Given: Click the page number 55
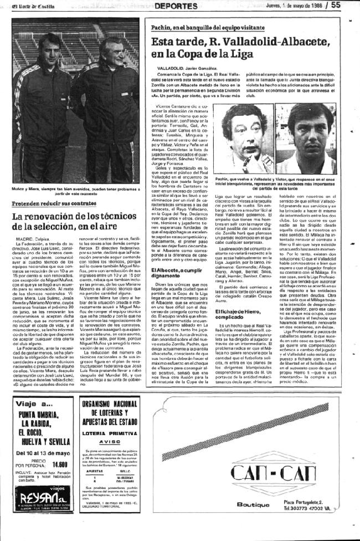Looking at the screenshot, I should [x=351, y=5].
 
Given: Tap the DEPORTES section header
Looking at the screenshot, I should [x=176, y=6].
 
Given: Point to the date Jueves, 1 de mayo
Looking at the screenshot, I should [x=294, y=5].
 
